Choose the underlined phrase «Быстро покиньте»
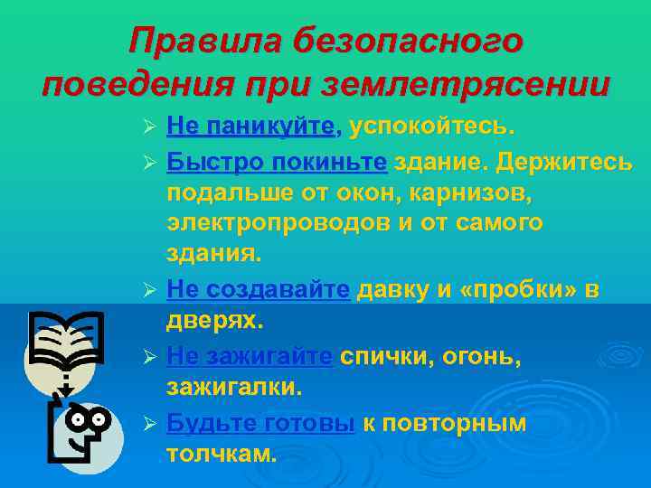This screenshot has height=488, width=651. click(x=277, y=163)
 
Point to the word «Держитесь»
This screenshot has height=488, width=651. click(x=552, y=163)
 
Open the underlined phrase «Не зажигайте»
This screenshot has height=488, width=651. click(x=250, y=358)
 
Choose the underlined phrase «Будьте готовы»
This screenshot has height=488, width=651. click(x=260, y=423)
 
